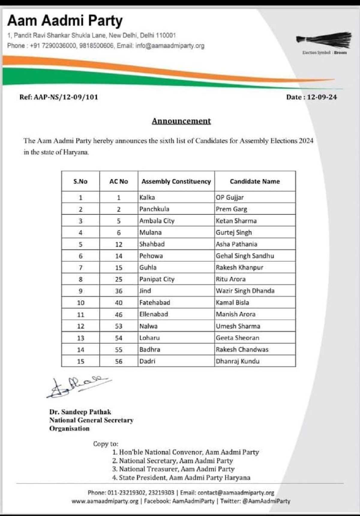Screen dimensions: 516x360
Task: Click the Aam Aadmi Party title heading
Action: click(x=65, y=21)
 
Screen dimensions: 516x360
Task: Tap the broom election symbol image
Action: click(x=324, y=40)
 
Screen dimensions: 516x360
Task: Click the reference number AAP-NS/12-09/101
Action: click(x=59, y=97)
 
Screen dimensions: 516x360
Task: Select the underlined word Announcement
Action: click(x=181, y=121)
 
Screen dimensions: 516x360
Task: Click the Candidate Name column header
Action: click(x=255, y=181)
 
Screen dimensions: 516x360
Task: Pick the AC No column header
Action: click(x=118, y=181)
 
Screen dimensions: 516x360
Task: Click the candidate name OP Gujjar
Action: click(x=230, y=198)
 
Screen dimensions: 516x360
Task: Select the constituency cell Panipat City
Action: click(x=157, y=279)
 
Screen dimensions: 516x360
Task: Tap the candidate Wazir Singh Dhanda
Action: click(x=245, y=291)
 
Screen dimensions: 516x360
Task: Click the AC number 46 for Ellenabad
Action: click(x=118, y=315)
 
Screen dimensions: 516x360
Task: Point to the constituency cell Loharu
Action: click(x=149, y=338)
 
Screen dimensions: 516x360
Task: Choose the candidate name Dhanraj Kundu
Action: click(x=238, y=361)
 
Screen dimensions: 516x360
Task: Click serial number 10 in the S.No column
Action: click(x=80, y=303)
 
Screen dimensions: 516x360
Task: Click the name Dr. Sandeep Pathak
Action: click(x=80, y=412)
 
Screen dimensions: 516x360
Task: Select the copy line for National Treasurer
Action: click(x=173, y=469)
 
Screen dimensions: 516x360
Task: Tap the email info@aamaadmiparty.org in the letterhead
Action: click(x=170, y=46)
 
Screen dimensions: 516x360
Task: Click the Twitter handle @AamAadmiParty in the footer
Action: click(x=266, y=501)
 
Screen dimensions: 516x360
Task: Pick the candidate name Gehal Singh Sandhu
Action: click(x=245, y=256)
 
